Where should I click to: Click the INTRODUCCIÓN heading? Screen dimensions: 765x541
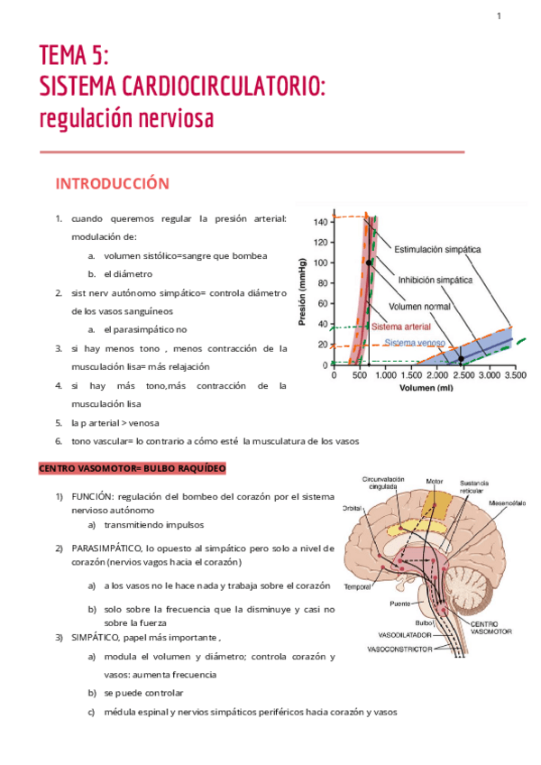pos(112,183)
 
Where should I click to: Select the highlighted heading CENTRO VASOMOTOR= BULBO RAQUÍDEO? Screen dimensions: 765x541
pos(132,468)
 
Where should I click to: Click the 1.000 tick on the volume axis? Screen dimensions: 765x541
pos(385,374)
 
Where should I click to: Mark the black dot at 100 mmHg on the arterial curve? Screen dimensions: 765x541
pos(369,263)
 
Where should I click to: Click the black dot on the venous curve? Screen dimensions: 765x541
pos(461,359)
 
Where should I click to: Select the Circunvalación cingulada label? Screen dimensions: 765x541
pos(383,484)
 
